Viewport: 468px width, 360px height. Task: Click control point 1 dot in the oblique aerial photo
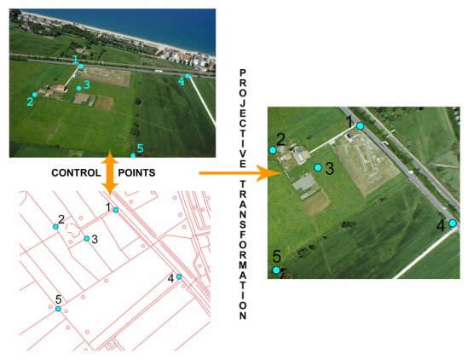[x=81, y=67]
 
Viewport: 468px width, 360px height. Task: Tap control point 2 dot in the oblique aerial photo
[x=35, y=95]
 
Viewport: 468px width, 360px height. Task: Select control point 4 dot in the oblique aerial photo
[x=188, y=76]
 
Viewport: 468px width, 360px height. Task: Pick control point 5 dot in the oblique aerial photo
[x=133, y=155]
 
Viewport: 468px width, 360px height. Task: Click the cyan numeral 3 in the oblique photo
[x=87, y=84]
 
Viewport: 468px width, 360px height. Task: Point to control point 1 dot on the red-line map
[x=116, y=210]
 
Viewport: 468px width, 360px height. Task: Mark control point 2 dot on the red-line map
[x=55, y=226]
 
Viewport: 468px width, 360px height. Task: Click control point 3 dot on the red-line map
[x=87, y=238]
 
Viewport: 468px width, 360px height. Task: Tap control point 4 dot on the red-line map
[x=179, y=276]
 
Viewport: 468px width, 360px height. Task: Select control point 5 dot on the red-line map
[x=58, y=309]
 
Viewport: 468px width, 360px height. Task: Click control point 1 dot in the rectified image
[x=361, y=126]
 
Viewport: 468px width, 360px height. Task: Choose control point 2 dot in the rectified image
[x=273, y=150]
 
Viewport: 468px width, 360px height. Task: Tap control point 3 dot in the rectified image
[x=318, y=167]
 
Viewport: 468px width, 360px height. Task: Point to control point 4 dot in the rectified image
[x=453, y=224]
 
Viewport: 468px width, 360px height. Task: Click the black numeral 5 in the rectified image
[x=277, y=256]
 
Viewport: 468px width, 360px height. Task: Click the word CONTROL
[x=76, y=172]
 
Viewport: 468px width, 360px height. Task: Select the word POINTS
[x=136, y=172]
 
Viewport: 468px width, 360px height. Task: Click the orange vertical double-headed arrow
[x=110, y=173]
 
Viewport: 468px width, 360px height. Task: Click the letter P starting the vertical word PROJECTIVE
[x=243, y=73]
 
